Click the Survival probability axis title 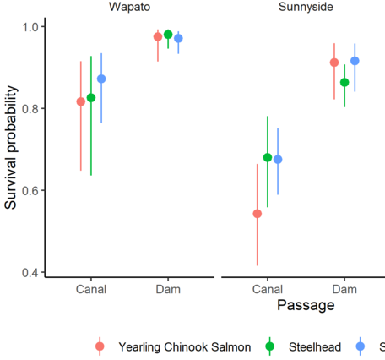pyautogui.click(x=11, y=149)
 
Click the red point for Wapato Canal pyautogui.click(x=81, y=101)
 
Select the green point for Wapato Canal pyautogui.click(x=91, y=98)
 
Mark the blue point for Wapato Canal pyautogui.click(x=101, y=79)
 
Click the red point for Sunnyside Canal pyautogui.click(x=258, y=214)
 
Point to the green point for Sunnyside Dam pyautogui.click(x=344, y=82)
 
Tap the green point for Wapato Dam pyautogui.click(x=168, y=35)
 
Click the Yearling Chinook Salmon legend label pyautogui.click(x=184, y=346)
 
